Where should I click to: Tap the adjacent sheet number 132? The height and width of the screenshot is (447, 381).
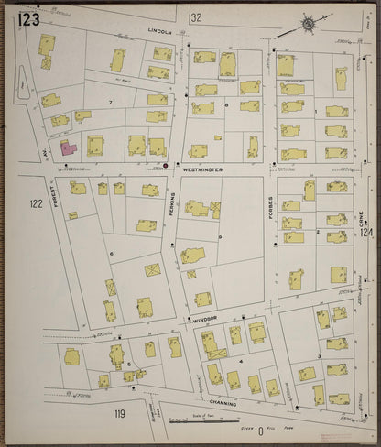pyautogui.click(x=194, y=17)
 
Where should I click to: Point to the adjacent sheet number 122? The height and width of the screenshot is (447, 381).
pyautogui.click(x=37, y=203)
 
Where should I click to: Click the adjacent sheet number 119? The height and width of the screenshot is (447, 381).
pyautogui.click(x=119, y=415)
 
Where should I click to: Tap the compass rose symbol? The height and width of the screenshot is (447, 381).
pyautogui.click(x=309, y=23)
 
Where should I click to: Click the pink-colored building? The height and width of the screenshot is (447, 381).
pyautogui.click(x=67, y=146)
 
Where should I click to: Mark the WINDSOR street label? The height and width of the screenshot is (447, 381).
pyautogui.click(x=203, y=319)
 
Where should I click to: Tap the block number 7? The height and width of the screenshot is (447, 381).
pyautogui.click(x=111, y=102)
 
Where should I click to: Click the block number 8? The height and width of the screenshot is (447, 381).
pyautogui.click(x=226, y=106)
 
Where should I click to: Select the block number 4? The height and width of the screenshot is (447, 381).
pyautogui.click(x=240, y=362)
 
